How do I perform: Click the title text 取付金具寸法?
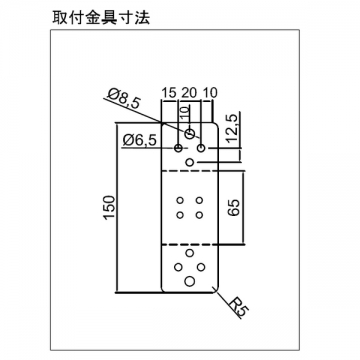click(x=101, y=18)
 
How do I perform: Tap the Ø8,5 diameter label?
click(x=124, y=99)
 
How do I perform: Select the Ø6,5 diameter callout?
click(x=139, y=140)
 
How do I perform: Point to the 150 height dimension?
click(x=109, y=207)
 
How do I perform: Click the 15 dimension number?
click(x=169, y=93)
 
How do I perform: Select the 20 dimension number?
click(x=189, y=93)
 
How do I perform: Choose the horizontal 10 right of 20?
click(x=210, y=93)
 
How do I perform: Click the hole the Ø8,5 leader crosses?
click(x=190, y=134)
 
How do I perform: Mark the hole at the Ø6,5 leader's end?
click(x=179, y=148)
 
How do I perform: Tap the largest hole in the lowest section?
click(x=190, y=281)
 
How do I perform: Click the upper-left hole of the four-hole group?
click(x=180, y=200)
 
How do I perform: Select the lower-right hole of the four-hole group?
click(x=199, y=215)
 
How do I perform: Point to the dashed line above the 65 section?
click(x=189, y=171)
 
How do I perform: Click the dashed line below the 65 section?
click(x=189, y=244)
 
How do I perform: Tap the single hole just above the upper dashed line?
click(x=190, y=162)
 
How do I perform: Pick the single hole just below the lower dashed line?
click(x=190, y=253)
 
